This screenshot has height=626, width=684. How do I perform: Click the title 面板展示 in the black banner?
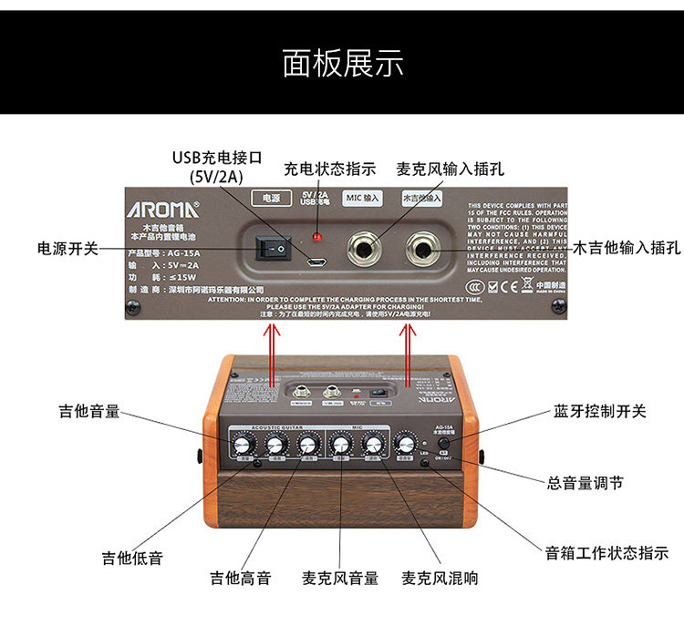pos(342,63)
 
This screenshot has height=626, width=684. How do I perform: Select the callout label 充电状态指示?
pos(330,169)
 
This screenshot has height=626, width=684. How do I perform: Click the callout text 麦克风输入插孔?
pos(451,169)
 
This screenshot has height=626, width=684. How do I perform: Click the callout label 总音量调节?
pos(586,483)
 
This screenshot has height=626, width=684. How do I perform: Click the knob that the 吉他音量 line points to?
pos(243,445)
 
